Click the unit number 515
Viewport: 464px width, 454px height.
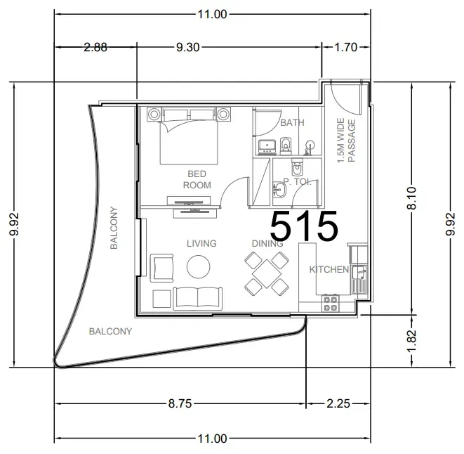pyautogui.click(x=304, y=225)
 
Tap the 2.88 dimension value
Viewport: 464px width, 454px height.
pyautogui.click(x=95, y=47)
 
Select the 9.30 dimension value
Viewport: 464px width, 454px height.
pyautogui.click(x=188, y=47)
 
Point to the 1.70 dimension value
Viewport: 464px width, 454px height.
pyautogui.click(x=345, y=47)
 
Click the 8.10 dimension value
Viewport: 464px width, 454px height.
pyautogui.click(x=411, y=198)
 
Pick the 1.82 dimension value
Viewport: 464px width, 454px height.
pyautogui.click(x=411, y=340)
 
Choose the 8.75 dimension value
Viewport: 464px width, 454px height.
pyautogui.click(x=180, y=403)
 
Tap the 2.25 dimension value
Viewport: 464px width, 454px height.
pyautogui.click(x=338, y=403)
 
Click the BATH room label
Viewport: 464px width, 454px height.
pyautogui.click(x=292, y=123)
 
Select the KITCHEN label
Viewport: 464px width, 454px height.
pyautogui.click(x=329, y=270)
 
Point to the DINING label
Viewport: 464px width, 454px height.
pyautogui.click(x=267, y=244)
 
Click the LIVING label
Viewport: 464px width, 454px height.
pyautogui.click(x=201, y=244)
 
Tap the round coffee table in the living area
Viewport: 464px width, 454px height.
pyautogui.click(x=198, y=267)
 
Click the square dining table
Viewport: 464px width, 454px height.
pyautogui.click(x=267, y=273)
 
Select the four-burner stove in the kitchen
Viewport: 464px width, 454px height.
pyautogui.click(x=330, y=303)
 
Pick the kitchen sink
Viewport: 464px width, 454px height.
pyautogui.click(x=359, y=279)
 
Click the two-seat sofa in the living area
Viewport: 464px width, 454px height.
pyautogui.click(x=198, y=299)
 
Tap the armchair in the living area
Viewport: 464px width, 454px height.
pyautogui.click(x=161, y=268)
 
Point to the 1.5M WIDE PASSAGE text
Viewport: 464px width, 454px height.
pyautogui.click(x=346, y=141)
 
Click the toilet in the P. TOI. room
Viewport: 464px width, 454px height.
pyautogui.click(x=297, y=167)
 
